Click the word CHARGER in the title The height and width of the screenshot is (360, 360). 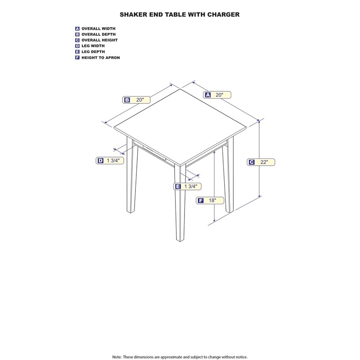(223, 14)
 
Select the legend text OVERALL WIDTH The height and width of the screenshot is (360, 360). (99, 29)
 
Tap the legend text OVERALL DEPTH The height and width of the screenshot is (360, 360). (99, 35)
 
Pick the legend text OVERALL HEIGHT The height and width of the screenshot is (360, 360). (99, 40)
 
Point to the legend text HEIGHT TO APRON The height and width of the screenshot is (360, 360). (101, 58)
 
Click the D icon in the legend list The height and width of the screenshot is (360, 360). (77, 46)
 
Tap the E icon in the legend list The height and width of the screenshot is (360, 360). (77, 52)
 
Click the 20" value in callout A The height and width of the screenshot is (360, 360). (220, 95)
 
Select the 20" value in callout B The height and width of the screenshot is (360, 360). (140, 100)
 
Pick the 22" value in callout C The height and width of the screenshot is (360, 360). (264, 162)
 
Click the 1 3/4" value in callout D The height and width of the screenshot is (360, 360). (113, 161)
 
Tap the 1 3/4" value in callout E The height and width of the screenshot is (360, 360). (191, 186)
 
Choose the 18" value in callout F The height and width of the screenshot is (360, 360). (212, 200)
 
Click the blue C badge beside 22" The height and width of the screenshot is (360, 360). (252, 162)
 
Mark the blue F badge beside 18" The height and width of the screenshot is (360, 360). (201, 201)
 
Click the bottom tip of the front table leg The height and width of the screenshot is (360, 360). (180, 242)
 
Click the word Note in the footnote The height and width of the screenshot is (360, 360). (117, 357)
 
